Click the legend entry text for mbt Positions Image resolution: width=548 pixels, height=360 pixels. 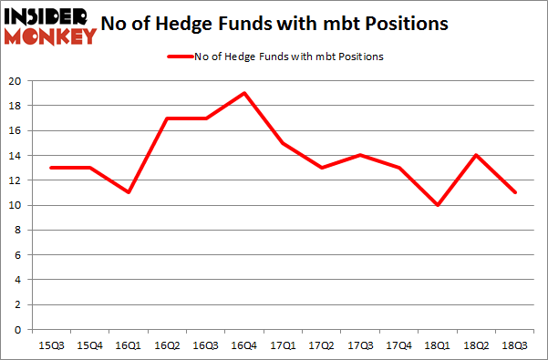(x=288, y=57)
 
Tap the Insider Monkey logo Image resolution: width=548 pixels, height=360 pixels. (x=50, y=26)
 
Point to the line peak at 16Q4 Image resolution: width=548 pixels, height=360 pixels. (x=244, y=93)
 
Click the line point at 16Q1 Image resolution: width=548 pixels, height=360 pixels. (x=128, y=192)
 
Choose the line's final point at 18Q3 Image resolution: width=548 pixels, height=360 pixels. (x=517, y=192)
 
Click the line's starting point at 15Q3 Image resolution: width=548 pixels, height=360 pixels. (x=52, y=168)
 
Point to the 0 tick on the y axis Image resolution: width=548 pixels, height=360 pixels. (x=18, y=330)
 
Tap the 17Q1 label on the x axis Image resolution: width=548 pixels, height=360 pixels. (x=284, y=345)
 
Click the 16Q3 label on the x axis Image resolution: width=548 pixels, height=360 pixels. (x=205, y=345)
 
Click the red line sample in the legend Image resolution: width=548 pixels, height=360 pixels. (x=179, y=57)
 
